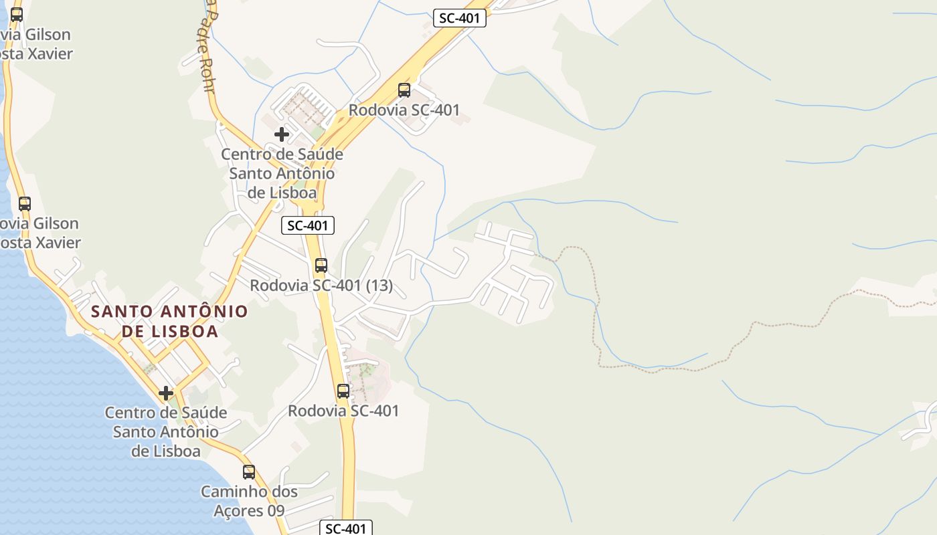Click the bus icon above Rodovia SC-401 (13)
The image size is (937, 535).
coord(321,265)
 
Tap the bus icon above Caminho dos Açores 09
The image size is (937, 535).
coord(249,472)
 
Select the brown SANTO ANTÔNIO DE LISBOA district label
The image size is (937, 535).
coord(169,321)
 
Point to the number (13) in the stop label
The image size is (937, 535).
coord(379,286)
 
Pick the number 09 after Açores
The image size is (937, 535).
coord(275,511)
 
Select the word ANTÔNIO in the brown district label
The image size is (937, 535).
coord(205,312)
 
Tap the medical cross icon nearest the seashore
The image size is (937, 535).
coord(166,393)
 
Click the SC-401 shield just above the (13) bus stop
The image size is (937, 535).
coord(308,225)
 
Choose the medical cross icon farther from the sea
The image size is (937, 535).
coord(282,134)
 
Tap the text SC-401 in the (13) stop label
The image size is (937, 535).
coord(337,286)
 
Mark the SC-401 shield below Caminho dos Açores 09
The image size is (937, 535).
coord(345,528)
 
